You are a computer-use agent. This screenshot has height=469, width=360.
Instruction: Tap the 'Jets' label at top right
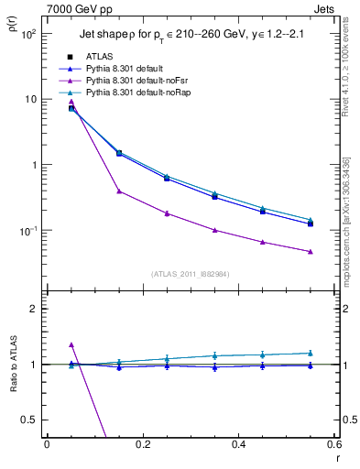coord(324,8)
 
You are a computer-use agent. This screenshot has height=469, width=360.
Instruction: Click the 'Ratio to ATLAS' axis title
coord(12,365)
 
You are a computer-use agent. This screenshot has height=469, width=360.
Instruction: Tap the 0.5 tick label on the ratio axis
coord(28,420)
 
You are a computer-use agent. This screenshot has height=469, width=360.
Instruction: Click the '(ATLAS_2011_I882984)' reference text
coord(190,273)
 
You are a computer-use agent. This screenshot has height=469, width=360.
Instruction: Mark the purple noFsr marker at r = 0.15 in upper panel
coord(119,191)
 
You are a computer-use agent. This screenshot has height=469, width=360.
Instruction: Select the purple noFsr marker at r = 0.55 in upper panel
coord(311,251)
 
